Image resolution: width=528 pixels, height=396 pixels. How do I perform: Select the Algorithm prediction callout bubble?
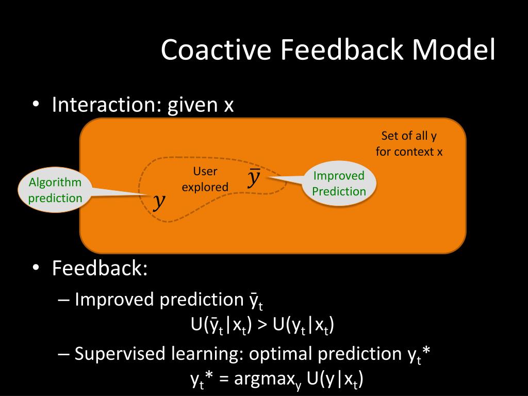55,190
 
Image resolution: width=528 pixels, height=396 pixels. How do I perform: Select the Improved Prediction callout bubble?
339,184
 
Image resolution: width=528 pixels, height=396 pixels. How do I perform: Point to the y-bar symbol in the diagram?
254,177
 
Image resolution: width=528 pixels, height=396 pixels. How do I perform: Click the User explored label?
205,179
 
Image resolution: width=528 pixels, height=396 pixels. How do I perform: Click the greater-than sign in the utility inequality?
262,325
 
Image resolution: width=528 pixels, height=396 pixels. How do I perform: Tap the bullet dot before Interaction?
36,105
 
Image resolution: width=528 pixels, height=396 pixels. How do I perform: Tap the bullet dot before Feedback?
36,269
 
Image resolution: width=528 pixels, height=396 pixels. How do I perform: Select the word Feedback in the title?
341,50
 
